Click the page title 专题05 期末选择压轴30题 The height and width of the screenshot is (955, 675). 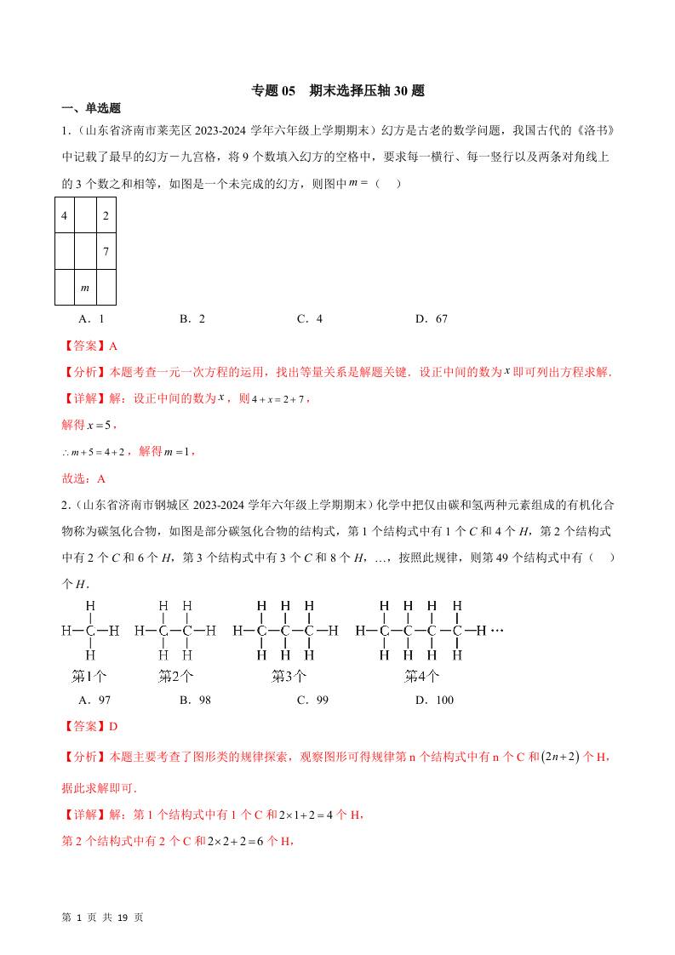tap(337, 90)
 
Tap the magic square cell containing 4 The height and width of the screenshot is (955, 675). tap(65, 215)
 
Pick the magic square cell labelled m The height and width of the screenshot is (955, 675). tap(84, 288)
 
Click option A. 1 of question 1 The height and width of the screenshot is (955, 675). tap(90, 319)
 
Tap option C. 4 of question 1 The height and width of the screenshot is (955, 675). tap(310, 319)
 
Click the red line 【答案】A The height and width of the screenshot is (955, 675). tap(89, 346)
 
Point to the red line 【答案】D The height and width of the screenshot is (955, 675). tap(89, 726)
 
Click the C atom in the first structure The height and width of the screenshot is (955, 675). tap(90, 632)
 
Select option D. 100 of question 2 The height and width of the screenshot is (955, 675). tap(434, 700)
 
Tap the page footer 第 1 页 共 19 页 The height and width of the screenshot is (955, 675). tap(103, 918)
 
